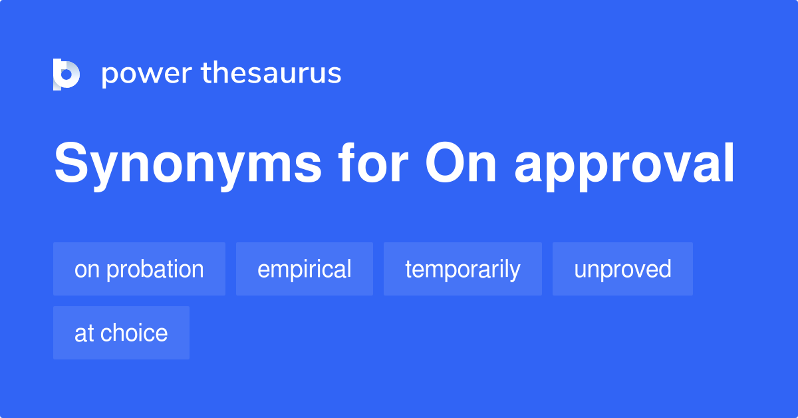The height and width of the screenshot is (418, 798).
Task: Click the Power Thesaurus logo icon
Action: click(x=66, y=74)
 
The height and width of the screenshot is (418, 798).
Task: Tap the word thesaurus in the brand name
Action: click(x=271, y=73)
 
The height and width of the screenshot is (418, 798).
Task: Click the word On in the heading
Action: click(x=461, y=162)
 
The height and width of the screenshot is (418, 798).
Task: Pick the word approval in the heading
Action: click(x=624, y=166)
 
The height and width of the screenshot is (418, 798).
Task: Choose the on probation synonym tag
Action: click(x=139, y=269)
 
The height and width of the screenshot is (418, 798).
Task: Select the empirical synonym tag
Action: click(x=305, y=269)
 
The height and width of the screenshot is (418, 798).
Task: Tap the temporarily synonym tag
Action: click(x=463, y=269)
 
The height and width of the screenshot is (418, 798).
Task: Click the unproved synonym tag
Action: click(x=622, y=269)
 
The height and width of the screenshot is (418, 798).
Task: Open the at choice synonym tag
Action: click(x=121, y=333)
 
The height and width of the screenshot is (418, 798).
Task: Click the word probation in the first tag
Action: click(x=156, y=270)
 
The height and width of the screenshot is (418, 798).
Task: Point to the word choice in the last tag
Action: click(x=134, y=332)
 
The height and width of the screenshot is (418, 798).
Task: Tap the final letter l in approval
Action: click(x=730, y=162)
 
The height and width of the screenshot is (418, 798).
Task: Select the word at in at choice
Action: click(x=84, y=333)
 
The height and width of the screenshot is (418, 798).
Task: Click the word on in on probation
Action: click(x=87, y=271)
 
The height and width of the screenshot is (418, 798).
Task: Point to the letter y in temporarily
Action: click(x=515, y=273)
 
